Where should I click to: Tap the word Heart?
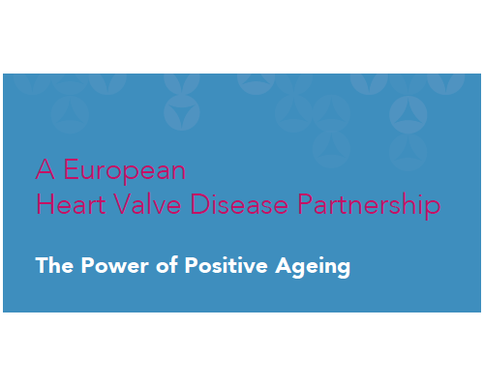coord(65,205)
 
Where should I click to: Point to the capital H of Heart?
coord(44,205)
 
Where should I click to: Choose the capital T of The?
coord(42,265)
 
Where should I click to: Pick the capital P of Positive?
coord(191,265)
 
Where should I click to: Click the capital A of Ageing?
coord(284,265)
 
